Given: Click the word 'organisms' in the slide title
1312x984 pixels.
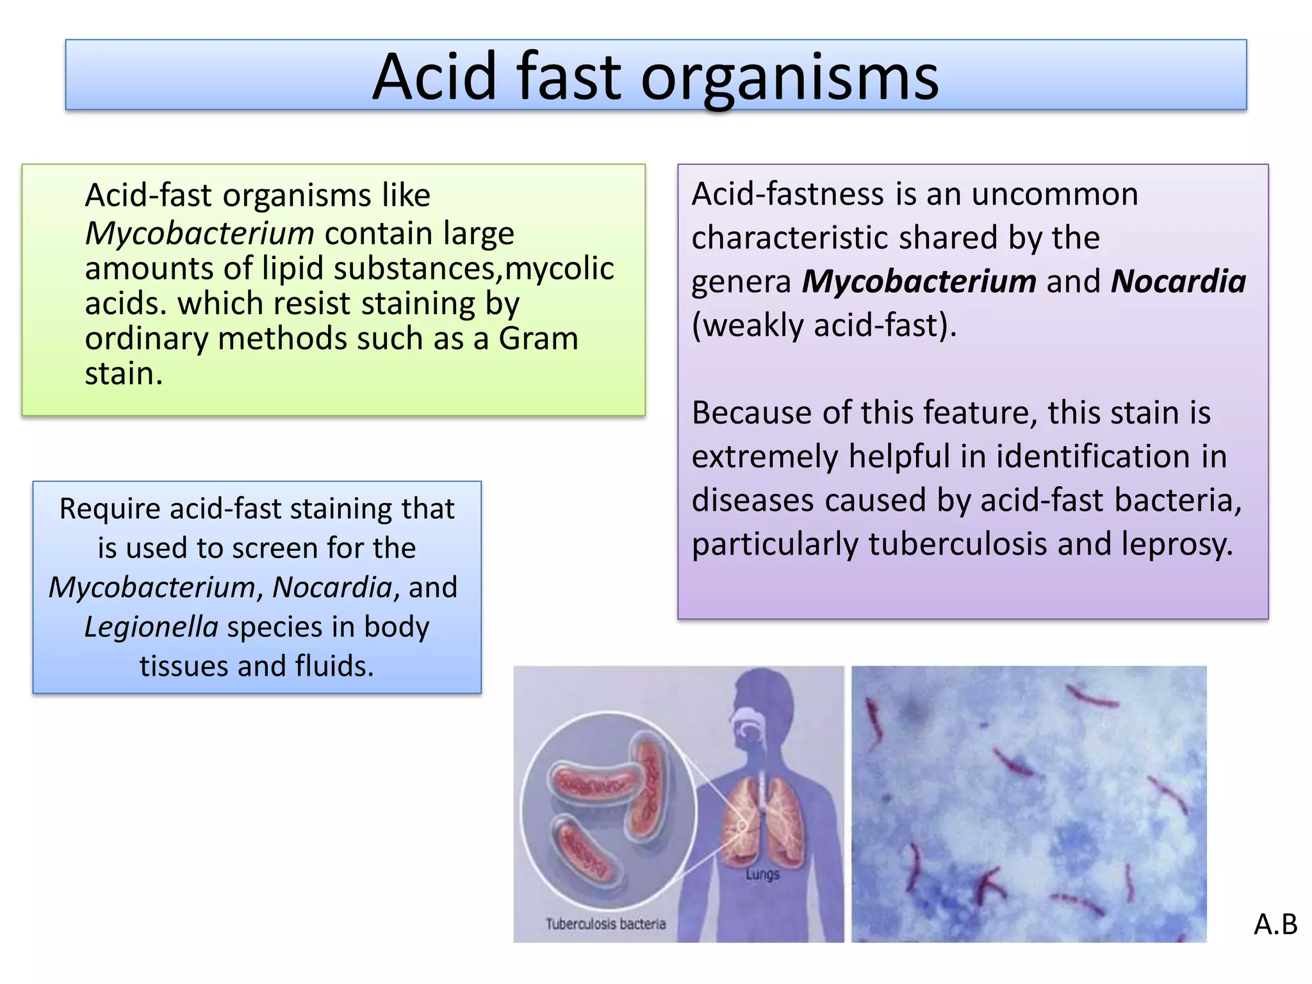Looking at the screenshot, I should tap(789, 78).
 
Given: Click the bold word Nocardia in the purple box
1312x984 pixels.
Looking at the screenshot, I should tap(1178, 282).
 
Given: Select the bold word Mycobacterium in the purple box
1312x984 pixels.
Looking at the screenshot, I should tap(919, 282).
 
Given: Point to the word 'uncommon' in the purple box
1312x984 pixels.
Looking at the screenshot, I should tap(1054, 194).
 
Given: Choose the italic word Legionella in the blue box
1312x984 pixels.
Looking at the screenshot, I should tap(151, 627).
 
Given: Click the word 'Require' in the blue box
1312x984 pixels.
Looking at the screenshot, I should tap(110, 509).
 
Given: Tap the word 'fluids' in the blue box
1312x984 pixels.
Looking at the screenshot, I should tap(334, 666).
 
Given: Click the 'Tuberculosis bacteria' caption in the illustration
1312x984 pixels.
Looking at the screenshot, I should tap(605, 924).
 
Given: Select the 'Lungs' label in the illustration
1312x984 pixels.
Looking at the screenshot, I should tap(762, 874).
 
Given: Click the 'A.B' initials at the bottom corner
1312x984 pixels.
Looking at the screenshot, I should tap(1275, 924).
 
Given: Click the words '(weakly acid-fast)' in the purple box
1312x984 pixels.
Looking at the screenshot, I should tap(824, 325).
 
